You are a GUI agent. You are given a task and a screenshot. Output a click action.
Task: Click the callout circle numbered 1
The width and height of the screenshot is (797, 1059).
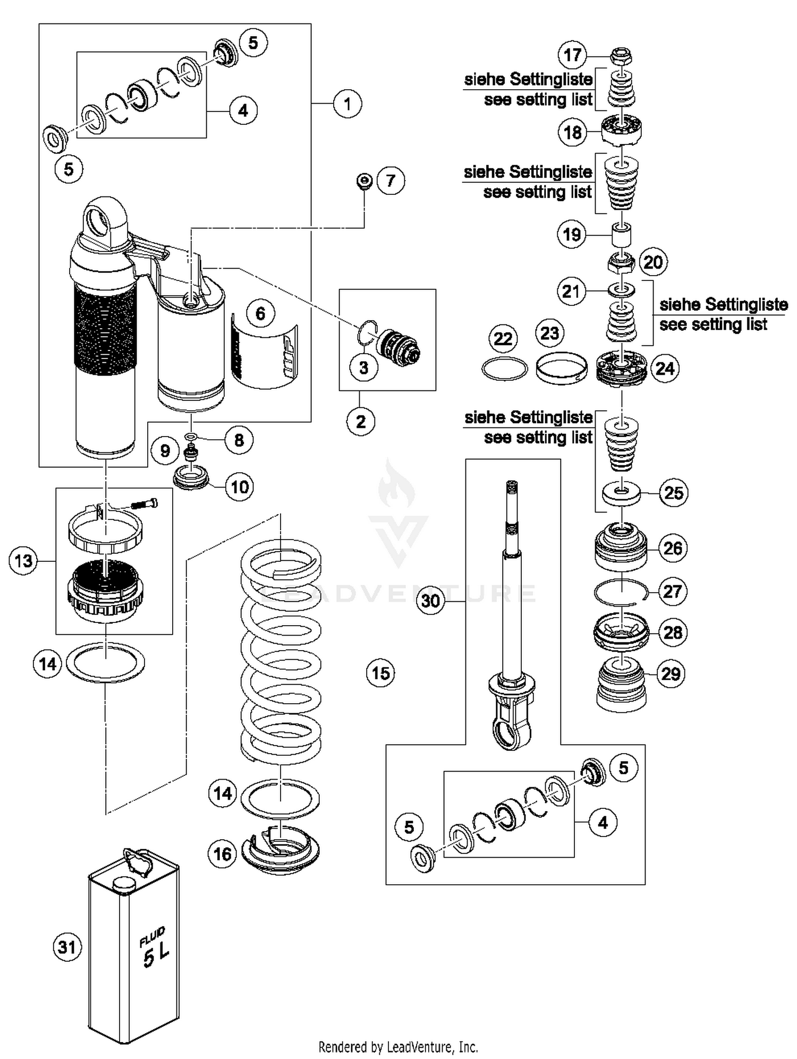point(347,104)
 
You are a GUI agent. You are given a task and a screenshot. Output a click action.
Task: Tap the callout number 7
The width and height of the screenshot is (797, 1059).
point(391,181)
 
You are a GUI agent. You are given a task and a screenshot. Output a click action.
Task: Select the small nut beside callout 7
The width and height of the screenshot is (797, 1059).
point(363,181)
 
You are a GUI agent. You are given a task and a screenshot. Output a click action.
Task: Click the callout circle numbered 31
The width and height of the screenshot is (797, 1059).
point(67,947)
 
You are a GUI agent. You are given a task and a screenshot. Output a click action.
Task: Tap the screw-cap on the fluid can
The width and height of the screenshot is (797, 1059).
point(124,882)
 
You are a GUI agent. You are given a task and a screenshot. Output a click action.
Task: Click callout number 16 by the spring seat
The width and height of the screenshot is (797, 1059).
point(222,853)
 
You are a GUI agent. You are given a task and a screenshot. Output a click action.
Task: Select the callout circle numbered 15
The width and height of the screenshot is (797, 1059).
point(380,673)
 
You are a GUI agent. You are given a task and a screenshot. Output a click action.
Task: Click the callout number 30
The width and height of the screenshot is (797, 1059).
point(430,601)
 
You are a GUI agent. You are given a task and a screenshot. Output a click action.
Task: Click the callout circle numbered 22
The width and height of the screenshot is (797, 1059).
point(503,339)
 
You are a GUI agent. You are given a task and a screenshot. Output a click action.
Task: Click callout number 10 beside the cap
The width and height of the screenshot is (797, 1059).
point(240,486)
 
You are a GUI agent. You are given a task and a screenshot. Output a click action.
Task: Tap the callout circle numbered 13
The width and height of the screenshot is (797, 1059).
point(23,561)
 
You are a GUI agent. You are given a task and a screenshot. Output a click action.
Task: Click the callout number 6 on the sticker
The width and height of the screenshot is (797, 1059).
point(260,313)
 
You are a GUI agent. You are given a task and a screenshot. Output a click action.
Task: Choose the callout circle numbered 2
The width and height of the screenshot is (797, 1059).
point(361,422)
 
